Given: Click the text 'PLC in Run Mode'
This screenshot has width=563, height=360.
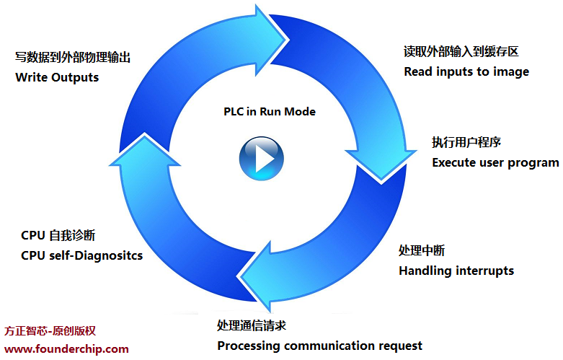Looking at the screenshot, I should click(270, 112).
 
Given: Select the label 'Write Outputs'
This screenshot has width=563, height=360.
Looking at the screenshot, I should click(57, 76).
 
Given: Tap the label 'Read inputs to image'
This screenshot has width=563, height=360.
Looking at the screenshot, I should click(466, 71).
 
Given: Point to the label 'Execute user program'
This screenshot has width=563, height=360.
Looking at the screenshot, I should click(495, 162).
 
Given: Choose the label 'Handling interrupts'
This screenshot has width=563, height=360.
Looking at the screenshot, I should click(456, 271).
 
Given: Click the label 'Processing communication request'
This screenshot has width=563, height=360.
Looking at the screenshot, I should click(320, 346).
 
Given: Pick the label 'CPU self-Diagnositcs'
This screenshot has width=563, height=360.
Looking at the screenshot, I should click(81, 255).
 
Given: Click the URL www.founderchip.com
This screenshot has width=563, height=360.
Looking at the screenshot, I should click(66, 349).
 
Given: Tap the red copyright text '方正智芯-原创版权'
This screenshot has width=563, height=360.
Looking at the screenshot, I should click(50, 331).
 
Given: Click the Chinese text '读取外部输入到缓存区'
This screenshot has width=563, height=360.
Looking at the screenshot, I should click(461, 52).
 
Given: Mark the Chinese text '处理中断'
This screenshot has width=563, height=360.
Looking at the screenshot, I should click(422, 251).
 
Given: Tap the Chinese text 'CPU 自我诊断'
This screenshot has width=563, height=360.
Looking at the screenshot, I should click(58, 236).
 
